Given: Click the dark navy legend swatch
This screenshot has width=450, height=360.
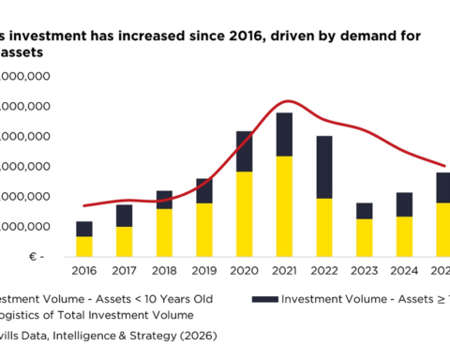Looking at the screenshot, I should [x=266, y=299].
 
